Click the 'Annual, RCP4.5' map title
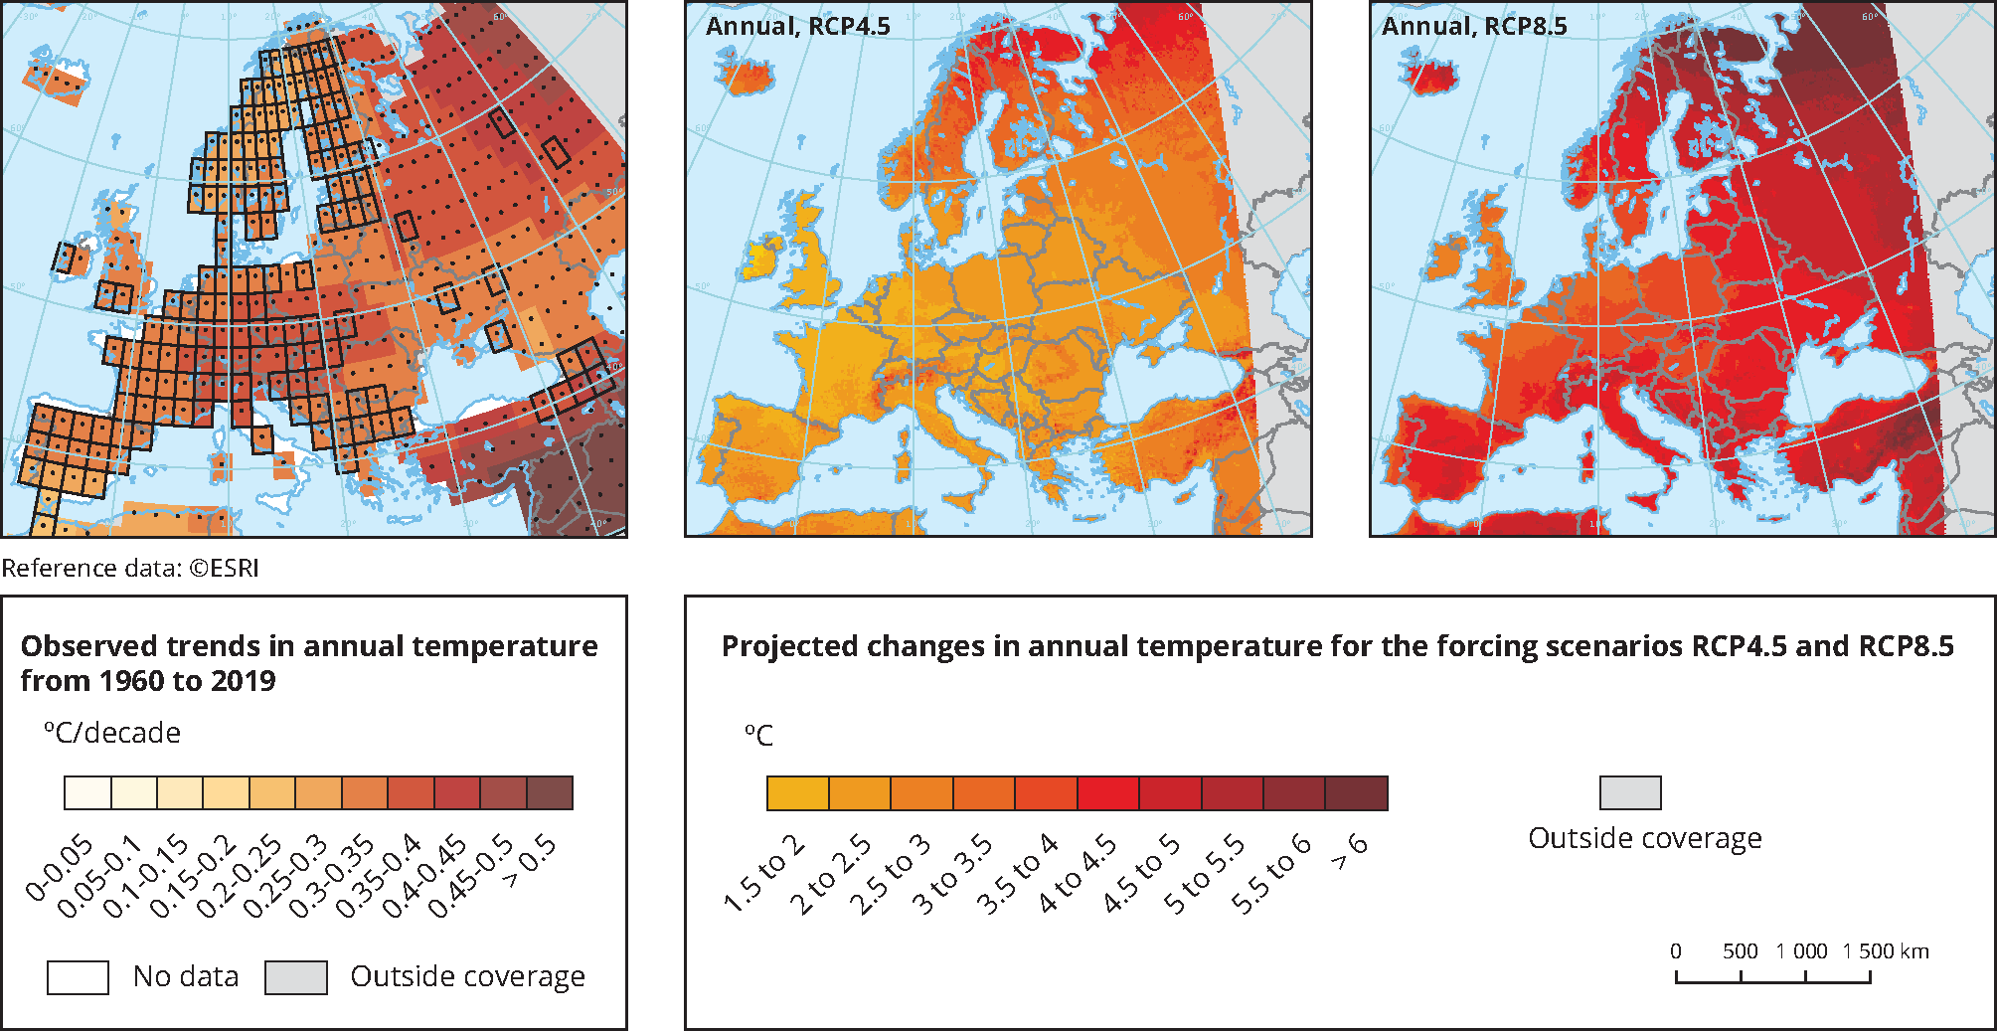(x=797, y=27)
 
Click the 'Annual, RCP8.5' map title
(x=1473, y=27)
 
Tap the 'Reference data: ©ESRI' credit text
(x=130, y=569)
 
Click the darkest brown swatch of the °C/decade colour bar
(x=550, y=793)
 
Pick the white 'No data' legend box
(x=78, y=977)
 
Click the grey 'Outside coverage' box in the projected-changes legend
(x=1630, y=793)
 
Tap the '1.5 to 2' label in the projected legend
(x=764, y=874)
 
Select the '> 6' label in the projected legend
(x=1349, y=852)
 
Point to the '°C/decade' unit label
(x=112, y=734)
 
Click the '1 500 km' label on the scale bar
(x=1886, y=951)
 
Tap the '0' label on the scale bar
(x=1676, y=951)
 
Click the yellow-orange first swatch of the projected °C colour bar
(x=798, y=793)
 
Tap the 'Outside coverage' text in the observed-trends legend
(x=467, y=977)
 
